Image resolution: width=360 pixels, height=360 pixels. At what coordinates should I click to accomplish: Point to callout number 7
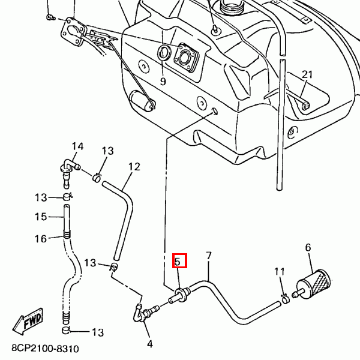[x=209, y=256]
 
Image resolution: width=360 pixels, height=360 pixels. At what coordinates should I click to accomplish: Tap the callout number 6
[x=308, y=247]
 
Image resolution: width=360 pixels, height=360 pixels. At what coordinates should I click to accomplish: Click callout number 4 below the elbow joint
[x=149, y=344]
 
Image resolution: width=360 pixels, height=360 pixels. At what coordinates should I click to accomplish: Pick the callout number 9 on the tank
[x=163, y=81]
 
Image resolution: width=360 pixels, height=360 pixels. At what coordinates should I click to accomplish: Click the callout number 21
[x=307, y=74]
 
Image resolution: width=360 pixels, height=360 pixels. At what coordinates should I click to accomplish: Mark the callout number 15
[x=41, y=217]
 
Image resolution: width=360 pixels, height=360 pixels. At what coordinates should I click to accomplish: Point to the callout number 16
[x=41, y=239]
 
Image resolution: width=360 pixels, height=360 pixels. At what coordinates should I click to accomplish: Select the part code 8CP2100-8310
[x=44, y=348]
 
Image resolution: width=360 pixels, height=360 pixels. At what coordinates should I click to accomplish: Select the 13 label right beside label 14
[x=107, y=151]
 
